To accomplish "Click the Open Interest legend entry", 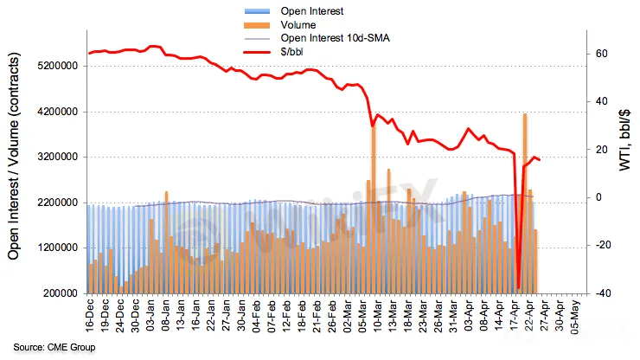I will tap(312, 11).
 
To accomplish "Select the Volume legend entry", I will tap(298, 25).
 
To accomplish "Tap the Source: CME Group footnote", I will tap(54, 347).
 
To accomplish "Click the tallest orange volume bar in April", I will tap(524, 203).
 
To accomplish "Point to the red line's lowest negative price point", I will tap(518, 288).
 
